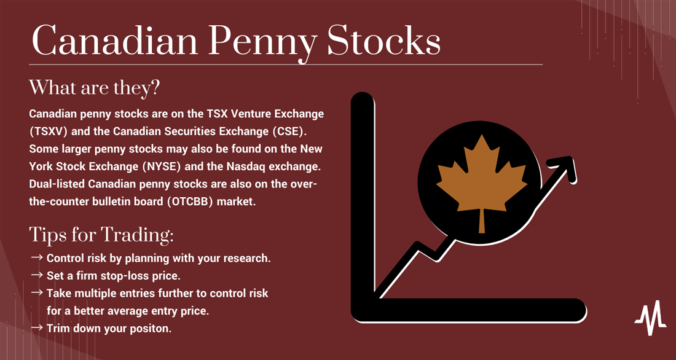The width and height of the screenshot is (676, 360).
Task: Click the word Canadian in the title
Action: click(115, 41)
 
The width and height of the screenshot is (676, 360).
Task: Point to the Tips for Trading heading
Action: click(102, 235)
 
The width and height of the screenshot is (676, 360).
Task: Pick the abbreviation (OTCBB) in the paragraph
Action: click(189, 202)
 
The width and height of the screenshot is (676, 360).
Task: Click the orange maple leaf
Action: click(482, 183)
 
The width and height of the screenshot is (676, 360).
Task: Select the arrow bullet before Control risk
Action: click(37, 257)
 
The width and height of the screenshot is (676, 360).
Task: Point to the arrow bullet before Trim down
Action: click(37, 327)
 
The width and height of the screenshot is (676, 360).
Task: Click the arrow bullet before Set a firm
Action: click(37, 275)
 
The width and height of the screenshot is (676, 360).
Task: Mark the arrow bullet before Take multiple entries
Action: click(37, 293)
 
